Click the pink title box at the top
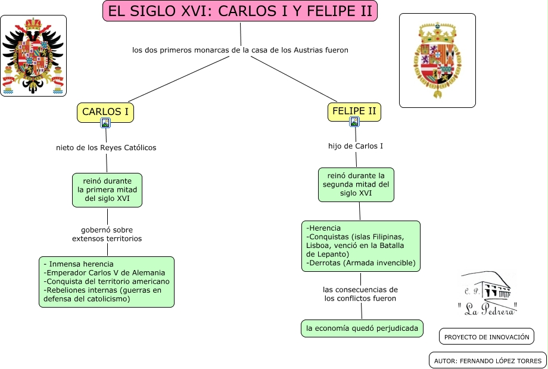pos(240,11)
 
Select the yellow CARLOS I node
pos(105,112)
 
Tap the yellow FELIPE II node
pos(354,111)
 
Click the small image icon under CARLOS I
pos(105,123)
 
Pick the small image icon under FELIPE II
pos(354,122)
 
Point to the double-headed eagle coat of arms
pos(33,56)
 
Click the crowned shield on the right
pos(437,60)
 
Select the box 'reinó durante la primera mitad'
pos(107,190)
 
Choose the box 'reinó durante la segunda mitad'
pos(356,185)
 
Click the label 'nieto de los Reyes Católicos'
pos(106,148)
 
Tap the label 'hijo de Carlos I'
pos(356,146)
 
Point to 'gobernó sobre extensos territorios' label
pos(107,234)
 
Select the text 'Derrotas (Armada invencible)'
pos(361,263)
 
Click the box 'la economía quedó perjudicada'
pos(362,328)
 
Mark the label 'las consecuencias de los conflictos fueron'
pos(360,293)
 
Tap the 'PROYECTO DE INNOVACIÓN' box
pos(487,337)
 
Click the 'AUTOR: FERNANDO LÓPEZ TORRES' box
pos(487,361)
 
